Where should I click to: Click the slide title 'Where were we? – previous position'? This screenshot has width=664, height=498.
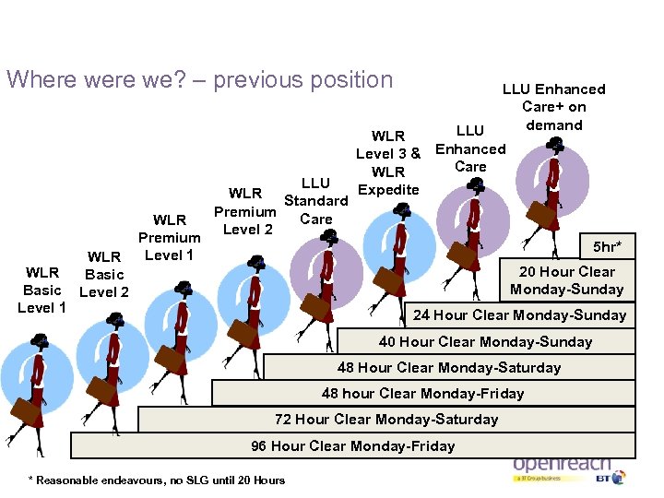pos(200,80)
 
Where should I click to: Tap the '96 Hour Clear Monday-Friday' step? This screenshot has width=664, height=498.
pos(353,446)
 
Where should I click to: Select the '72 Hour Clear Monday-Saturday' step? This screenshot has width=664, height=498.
pos(386,420)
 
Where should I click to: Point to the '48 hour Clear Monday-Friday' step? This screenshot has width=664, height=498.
pos(422,394)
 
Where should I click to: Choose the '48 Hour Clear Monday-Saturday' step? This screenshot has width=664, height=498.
pos(449,368)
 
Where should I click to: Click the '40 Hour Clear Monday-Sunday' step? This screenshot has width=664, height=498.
pos(486,342)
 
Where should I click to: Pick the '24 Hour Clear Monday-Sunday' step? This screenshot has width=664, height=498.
pos(519,315)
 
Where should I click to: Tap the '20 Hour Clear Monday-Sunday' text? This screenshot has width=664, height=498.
pos(566,280)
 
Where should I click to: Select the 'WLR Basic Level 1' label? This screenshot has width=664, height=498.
pos(41,290)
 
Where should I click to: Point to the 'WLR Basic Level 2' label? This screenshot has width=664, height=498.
pos(103,274)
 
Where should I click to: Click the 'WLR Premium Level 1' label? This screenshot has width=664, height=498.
pos(170,237)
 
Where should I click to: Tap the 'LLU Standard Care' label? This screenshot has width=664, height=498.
pos(315,201)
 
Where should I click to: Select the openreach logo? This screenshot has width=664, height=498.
pos(562,465)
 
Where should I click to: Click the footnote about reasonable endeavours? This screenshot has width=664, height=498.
pos(158,480)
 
